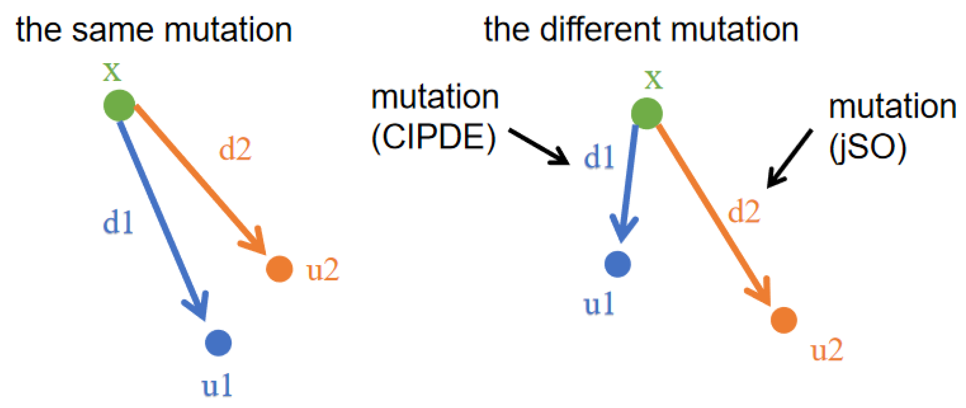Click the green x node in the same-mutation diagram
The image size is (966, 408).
point(119,105)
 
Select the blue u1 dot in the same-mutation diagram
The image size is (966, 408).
point(218,343)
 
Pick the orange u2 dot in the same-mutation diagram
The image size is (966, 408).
point(279,269)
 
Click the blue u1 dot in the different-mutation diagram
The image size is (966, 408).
point(618,264)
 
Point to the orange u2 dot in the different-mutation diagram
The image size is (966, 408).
point(784,320)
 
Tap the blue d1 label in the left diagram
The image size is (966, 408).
point(118,223)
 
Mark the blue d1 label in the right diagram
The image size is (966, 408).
point(599,157)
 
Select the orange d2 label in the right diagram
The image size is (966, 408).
point(744,212)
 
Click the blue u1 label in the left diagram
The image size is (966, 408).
point(217,386)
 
